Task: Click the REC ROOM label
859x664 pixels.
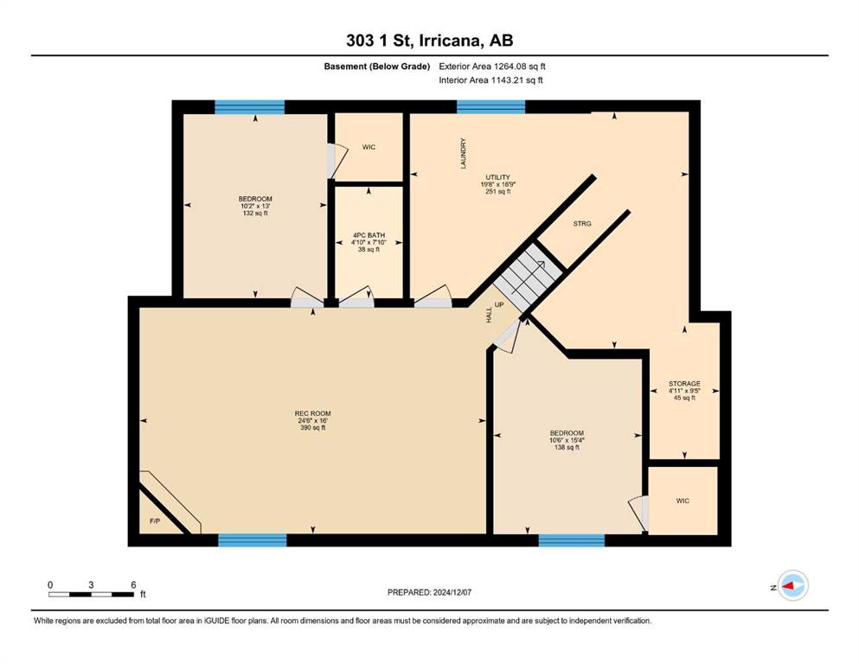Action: pos(313,413)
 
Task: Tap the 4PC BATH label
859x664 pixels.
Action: pos(369,235)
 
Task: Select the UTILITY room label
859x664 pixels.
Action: pos(498,177)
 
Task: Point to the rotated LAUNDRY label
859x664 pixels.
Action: pos(464,153)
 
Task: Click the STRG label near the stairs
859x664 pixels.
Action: pos(582,223)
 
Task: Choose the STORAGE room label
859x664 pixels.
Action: pos(684,384)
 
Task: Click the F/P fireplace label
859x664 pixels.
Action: pos(155,521)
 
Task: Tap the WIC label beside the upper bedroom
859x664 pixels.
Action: pos(369,147)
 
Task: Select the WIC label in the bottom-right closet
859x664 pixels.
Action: pos(683,501)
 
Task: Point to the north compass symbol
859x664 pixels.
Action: pos(792,585)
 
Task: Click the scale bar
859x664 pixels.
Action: pos(91,594)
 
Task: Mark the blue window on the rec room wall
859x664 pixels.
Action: pos(253,540)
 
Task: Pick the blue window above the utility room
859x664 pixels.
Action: pos(490,106)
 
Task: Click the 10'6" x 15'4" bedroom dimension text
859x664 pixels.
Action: pos(567,440)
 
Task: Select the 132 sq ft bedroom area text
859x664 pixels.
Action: pos(255,213)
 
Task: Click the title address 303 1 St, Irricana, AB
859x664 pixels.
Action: pos(429,41)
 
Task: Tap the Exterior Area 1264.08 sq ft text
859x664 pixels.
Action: pos(492,67)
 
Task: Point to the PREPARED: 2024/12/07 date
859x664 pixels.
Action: pos(429,592)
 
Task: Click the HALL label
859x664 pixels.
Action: pos(490,315)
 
